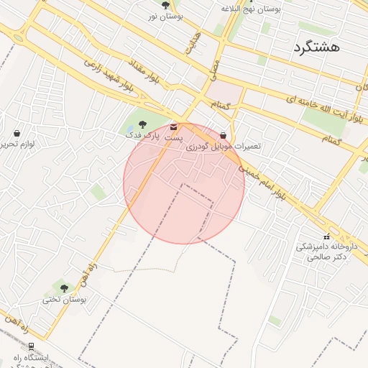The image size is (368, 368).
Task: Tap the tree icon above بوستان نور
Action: point(166,5)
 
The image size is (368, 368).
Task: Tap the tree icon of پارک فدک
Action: point(142,124)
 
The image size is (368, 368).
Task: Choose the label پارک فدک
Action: point(141,135)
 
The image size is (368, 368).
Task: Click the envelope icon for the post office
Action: point(173,126)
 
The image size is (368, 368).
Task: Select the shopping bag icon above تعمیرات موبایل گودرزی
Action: point(224,135)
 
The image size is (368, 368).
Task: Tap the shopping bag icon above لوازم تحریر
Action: point(17,133)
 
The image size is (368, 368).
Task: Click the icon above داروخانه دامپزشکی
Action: point(326,236)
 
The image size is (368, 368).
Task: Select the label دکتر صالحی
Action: point(331,257)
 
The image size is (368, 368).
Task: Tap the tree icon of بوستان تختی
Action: point(64,288)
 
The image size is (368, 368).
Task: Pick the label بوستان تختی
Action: point(64,299)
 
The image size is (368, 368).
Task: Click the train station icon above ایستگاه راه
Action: point(30,346)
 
